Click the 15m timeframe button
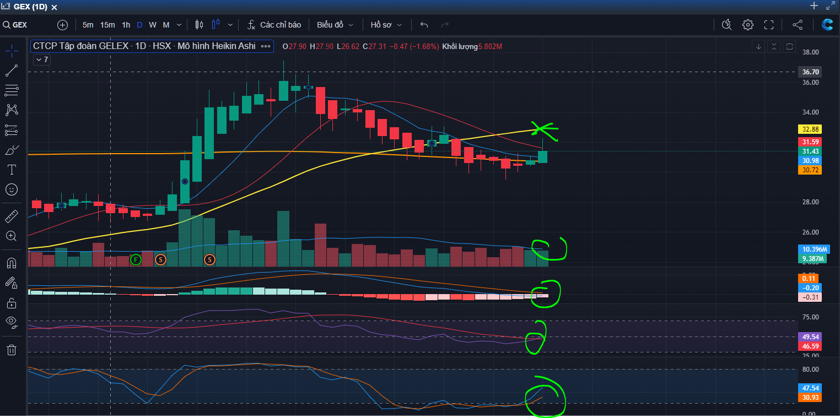point(107,25)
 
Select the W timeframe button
point(153,25)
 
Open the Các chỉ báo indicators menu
point(274,25)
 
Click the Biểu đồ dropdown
point(335,25)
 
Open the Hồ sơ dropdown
point(386,25)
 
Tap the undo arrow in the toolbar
point(424,25)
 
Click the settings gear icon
point(748,25)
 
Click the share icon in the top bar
point(798,25)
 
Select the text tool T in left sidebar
point(12,170)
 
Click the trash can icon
point(12,350)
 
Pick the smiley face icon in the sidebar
point(12,189)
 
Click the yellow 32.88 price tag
point(810,129)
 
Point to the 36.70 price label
point(810,72)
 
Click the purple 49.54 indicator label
point(810,336)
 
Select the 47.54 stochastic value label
point(810,388)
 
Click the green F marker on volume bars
point(136,259)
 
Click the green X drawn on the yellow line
point(543,131)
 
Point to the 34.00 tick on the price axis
point(810,112)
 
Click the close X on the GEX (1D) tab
point(55,7)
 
